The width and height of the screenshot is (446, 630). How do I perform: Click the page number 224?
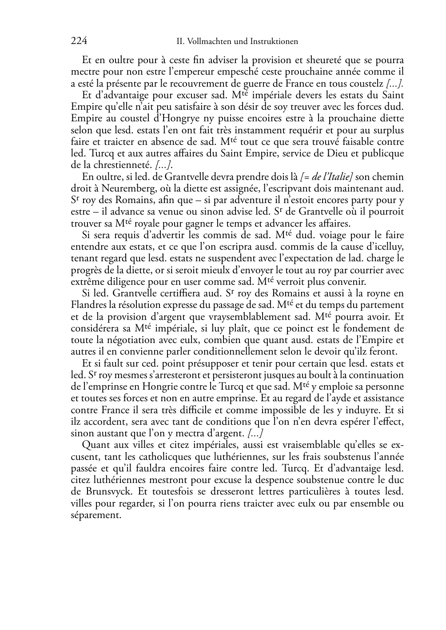pyautogui.click(x=79, y=41)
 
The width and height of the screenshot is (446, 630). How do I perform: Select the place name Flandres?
pyautogui.click(x=88, y=305)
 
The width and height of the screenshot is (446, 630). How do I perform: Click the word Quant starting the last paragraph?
pyautogui.click(x=95, y=445)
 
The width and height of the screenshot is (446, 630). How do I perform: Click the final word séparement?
pyautogui.click(x=96, y=515)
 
